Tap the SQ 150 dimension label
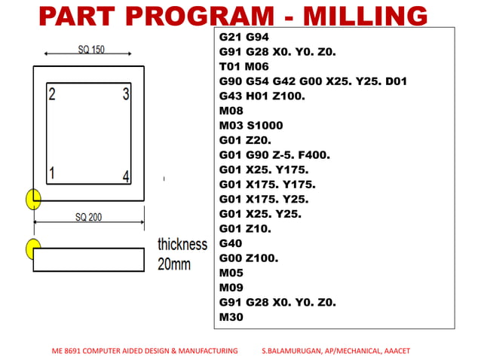[x=91, y=50]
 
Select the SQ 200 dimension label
[x=88, y=218]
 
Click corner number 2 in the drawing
[x=51, y=95]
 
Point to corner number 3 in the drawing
[x=126, y=95]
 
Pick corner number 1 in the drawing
[x=51, y=173]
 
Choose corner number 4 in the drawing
[x=126, y=177]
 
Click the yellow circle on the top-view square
[x=33, y=199]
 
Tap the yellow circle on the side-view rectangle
[x=33, y=248]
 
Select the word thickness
[x=182, y=245]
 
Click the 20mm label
[x=173, y=264]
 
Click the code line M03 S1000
[x=251, y=125]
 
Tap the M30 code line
[x=231, y=317]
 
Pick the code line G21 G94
[x=244, y=37]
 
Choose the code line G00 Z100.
[x=248, y=258]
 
